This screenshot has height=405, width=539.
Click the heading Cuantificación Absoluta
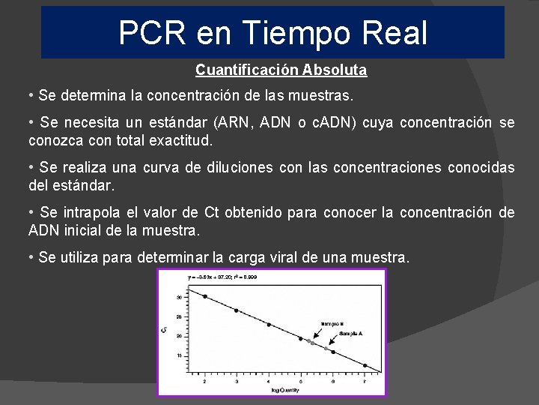click(281, 70)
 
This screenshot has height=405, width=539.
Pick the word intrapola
click(88, 213)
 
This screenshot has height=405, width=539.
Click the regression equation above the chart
click(222, 277)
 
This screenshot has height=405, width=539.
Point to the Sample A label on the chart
click(351, 334)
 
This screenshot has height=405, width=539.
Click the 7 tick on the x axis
click(365, 381)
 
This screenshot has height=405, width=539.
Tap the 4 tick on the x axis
click(269, 381)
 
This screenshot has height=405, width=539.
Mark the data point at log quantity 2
click(205, 296)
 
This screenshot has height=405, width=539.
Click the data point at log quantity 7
click(365, 365)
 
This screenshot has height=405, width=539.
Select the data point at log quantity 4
click(269, 325)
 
